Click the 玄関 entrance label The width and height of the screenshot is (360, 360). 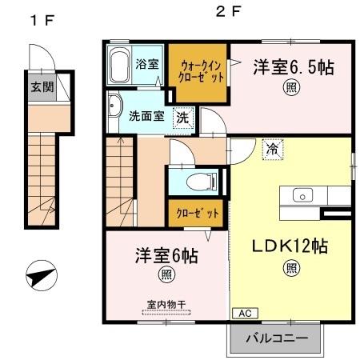click(42, 87)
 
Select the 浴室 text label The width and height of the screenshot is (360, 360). click(145, 64)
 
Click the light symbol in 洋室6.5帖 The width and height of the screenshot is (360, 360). click(289, 88)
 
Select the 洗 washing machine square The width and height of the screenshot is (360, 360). click(183, 115)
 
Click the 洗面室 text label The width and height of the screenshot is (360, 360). click(147, 116)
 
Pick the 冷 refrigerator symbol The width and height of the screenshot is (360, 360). click(272, 148)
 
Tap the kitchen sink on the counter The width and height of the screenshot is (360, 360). click(303, 194)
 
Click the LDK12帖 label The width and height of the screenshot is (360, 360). click(290, 246)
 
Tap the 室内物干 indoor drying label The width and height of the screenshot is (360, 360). click(166, 305)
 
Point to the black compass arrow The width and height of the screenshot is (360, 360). click(41, 278)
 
